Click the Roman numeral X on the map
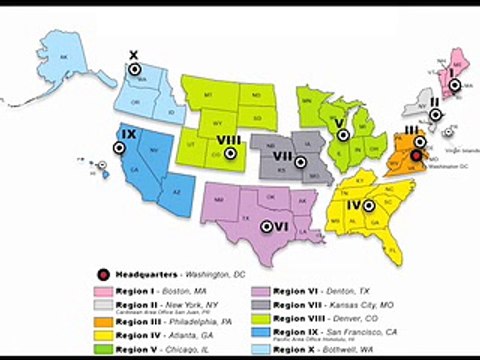134,56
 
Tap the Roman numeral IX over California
128,134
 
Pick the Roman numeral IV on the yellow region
354,206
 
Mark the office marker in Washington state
142,71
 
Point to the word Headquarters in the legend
144,273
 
